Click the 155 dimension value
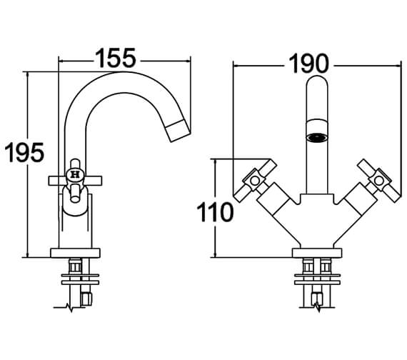[116, 58]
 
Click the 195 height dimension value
[24, 152]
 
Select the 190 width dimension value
[308, 64]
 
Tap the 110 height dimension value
[215, 212]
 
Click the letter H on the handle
[75, 174]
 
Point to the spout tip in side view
[179, 131]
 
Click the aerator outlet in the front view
[316, 137]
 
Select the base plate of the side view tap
[75, 253]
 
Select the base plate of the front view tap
[317, 253]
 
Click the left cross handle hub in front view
[254, 181]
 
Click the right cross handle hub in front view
[378, 181]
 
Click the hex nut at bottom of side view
[86, 299]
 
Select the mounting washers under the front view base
[317, 279]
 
